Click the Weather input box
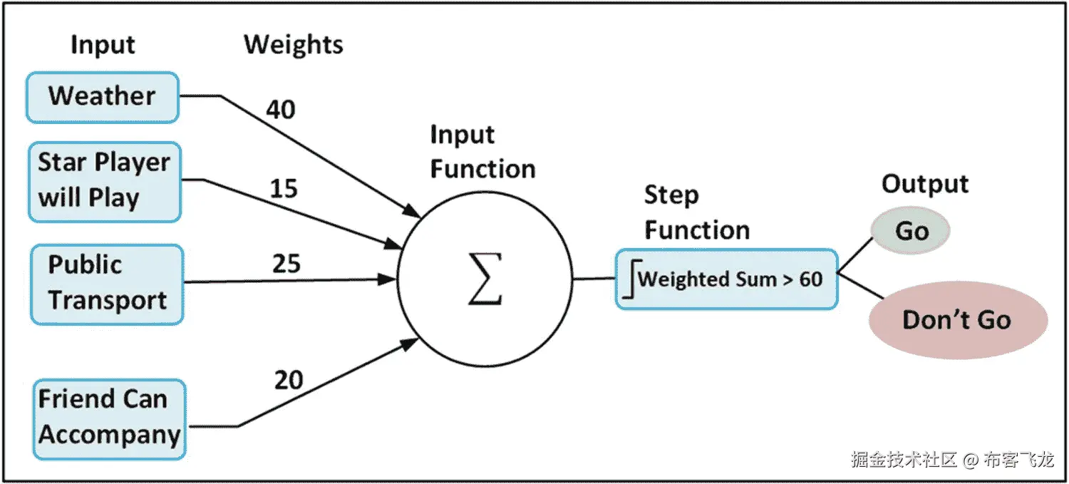pos(102,97)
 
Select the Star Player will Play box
pos(104,181)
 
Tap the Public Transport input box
pos(107,284)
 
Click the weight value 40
pos(280,110)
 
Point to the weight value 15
pos(283,189)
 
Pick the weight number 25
pos(286,264)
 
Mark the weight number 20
pos(289,381)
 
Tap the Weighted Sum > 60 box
pos(726,279)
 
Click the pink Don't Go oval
pos(957,319)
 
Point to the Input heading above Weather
pos(103,45)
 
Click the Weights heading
pos(293,44)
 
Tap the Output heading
pos(924,184)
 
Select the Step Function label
pos(696,212)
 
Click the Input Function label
pos(482,152)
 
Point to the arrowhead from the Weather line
pos(413,212)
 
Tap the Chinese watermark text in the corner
pos(952,460)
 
